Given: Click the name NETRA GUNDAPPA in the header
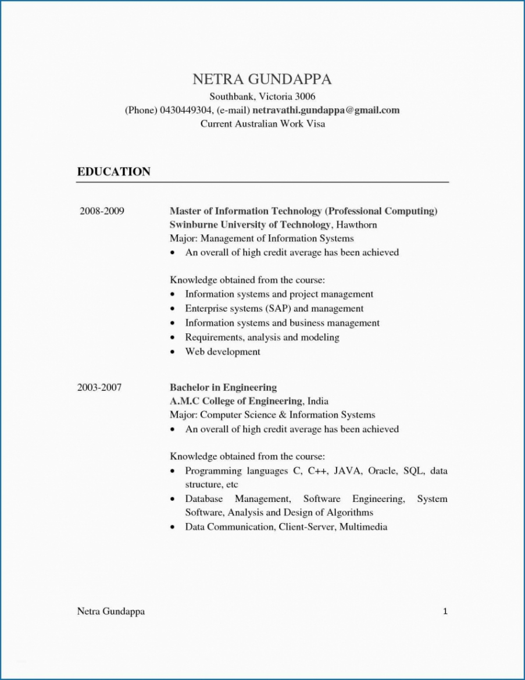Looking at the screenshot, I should click(262, 79).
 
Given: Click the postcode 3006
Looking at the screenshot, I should click(304, 96).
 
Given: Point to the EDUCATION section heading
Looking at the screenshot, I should click(114, 172).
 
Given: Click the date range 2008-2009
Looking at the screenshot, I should click(102, 211).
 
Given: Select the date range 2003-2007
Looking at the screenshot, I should click(99, 387).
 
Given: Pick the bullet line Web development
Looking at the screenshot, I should click(223, 351).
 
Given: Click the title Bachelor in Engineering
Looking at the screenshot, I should click(223, 387).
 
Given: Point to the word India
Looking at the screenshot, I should click(318, 401).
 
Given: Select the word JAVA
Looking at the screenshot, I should click(347, 471).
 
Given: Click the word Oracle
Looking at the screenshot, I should click(381, 471).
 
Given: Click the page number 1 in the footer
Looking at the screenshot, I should click(445, 611).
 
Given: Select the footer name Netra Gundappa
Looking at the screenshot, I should click(111, 611).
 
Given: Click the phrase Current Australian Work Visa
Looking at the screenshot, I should click(262, 124).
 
